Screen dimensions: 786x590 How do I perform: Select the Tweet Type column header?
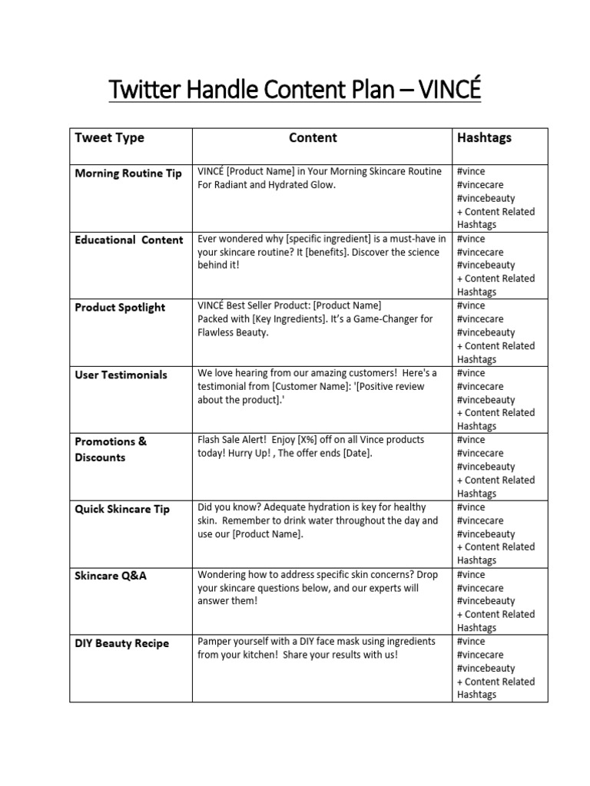pyautogui.click(x=109, y=138)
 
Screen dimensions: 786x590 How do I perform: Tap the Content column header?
pyautogui.click(x=313, y=138)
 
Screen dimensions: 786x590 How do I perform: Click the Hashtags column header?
pyautogui.click(x=484, y=138)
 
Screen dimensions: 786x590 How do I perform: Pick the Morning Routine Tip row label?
pyautogui.click(x=128, y=173)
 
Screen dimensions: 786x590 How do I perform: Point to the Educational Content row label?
pyautogui.click(x=128, y=240)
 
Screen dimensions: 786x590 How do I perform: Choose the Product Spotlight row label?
pyautogui.click(x=120, y=308)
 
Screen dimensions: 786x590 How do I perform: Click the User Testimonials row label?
pyautogui.click(x=121, y=375)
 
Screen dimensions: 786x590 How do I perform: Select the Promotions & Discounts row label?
pyautogui.click(x=111, y=449)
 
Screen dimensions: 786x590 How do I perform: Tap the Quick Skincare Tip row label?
pyautogui.click(x=122, y=509)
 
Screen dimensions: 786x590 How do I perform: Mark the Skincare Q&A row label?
pyautogui.click(x=111, y=576)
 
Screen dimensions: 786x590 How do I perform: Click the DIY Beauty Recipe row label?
pyautogui.click(x=121, y=643)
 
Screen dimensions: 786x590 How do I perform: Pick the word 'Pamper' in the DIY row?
pyautogui.click(x=217, y=642)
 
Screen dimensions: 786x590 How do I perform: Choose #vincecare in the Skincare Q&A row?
pyautogui.click(x=480, y=588)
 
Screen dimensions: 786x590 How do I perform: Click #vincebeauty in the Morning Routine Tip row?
pyautogui.click(x=486, y=198)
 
